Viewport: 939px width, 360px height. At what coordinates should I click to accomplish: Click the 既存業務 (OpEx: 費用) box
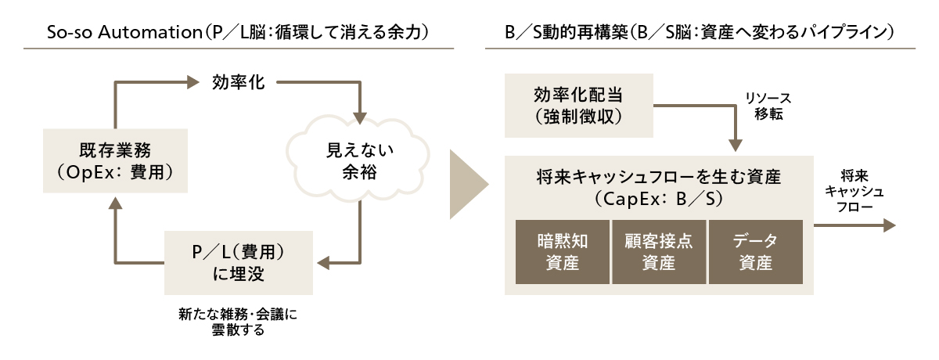pos(114,160)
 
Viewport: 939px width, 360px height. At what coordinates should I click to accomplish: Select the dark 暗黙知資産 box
pos(562,252)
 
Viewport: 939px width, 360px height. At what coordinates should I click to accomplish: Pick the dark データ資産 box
pos(755,252)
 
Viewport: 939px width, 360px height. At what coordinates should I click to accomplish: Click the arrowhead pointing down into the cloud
pos(359,119)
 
